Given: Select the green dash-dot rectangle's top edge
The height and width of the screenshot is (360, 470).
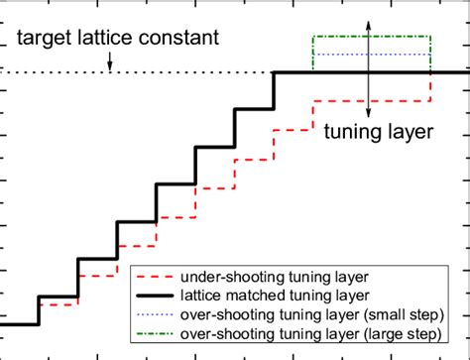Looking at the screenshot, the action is (372, 37).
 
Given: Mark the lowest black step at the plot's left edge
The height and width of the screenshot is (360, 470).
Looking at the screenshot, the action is (20, 323).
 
